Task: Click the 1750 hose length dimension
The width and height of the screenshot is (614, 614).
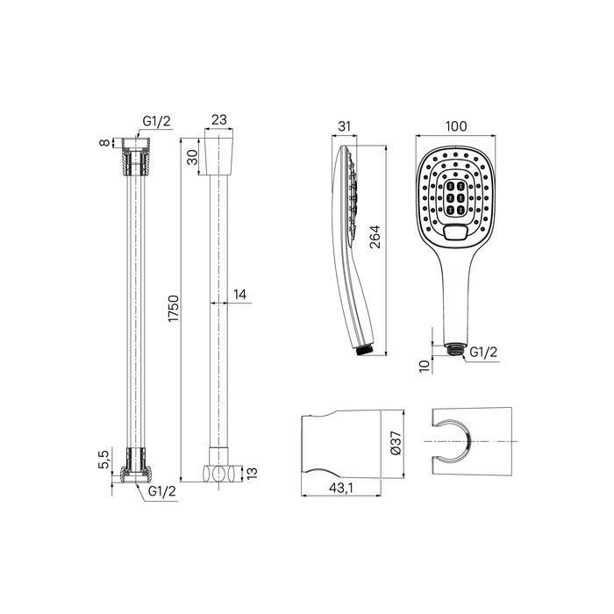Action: click(x=174, y=309)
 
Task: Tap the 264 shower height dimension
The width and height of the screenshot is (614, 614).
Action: click(x=375, y=236)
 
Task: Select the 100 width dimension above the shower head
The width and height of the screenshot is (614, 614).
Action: click(x=456, y=126)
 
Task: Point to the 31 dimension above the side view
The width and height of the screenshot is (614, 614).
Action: click(x=344, y=126)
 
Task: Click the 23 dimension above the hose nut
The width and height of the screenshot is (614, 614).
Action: click(x=219, y=119)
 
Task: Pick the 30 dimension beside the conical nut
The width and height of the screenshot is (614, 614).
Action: click(x=192, y=158)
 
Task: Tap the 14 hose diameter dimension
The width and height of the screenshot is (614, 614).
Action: click(x=239, y=295)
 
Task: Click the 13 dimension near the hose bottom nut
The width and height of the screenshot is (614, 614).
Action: click(x=253, y=473)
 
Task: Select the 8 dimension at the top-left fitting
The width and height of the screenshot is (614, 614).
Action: click(x=104, y=142)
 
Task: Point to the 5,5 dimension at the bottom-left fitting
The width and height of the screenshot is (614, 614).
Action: click(x=104, y=459)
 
